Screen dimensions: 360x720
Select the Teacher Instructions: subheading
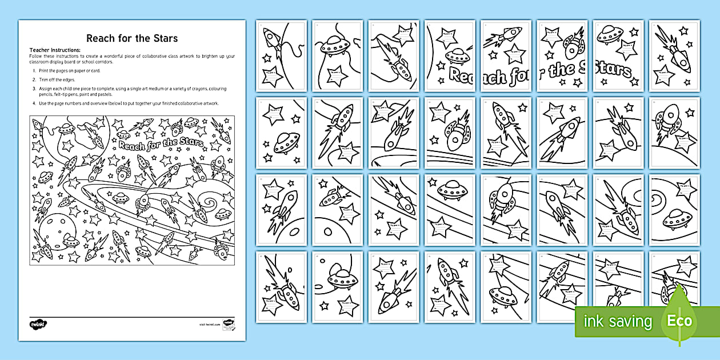55,50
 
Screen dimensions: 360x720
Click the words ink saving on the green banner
618,321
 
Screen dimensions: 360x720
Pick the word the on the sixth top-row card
563,70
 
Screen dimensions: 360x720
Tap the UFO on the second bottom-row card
341,280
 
